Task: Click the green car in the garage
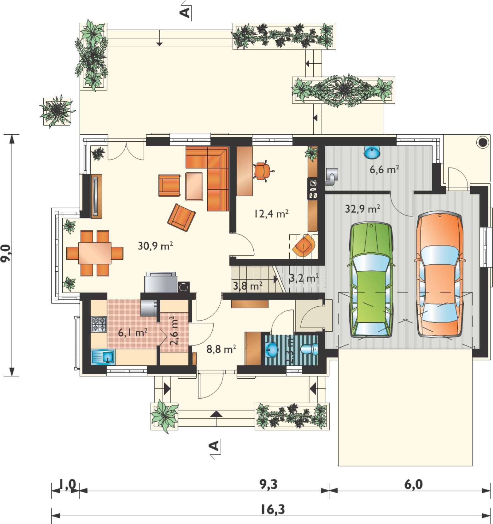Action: point(371,280)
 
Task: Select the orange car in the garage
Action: point(440,274)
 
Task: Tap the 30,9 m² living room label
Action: point(155,246)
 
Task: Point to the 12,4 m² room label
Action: point(271,213)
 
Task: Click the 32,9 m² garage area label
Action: point(362,209)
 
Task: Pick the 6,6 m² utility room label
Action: point(384,169)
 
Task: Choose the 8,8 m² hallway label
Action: point(221,349)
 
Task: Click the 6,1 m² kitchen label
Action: point(133,332)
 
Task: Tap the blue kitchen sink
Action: point(103,357)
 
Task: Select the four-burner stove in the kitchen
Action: point(99,324)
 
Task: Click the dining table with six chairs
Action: point(95,253)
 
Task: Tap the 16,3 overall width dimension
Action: point(273,509)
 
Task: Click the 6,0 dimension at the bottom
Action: point(413,484)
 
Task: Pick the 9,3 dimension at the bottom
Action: point(268,484)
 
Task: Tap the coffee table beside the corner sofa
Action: point(194,187)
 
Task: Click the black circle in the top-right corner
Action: point(483,142)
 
